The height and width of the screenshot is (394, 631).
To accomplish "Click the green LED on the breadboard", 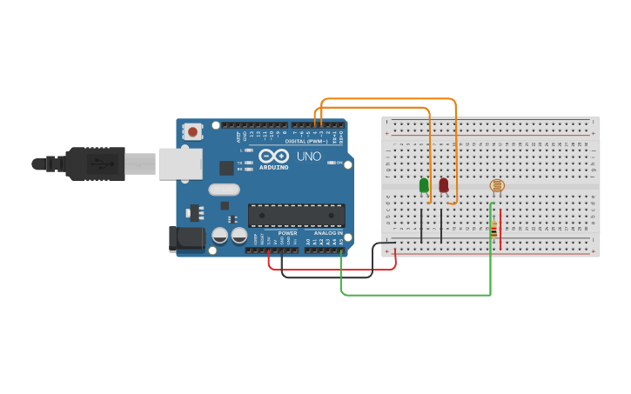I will pyautogui.click(x=424, y=185).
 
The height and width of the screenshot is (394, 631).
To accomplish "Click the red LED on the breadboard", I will pyautogui.click(x=444, y=185).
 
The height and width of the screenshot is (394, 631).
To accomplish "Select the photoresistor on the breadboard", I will pyautogui.click(x=497, y=185).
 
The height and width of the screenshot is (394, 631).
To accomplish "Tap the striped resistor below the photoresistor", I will pyautogui.click(x=494, y=230).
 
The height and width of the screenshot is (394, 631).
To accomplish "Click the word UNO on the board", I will pyautogui.click(x=309, y=157).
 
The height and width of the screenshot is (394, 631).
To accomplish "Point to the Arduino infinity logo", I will pyautogui.click(x=273, y=156).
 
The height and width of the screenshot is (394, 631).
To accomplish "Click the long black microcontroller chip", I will pyautogui.click(x=297, y=215).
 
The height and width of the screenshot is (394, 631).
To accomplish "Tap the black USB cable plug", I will pyautogui.click(x=96, y=164).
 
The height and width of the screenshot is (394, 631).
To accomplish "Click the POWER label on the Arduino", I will pyautogui.click(x=287, y=233).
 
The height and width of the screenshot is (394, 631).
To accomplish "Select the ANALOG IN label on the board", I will pyautogui.click(x=328, y=233).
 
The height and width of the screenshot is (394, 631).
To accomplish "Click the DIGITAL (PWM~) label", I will pyautogui.click(x=306, y=140).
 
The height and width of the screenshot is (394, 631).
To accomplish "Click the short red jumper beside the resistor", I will pyautogui.click(x=500, y=228).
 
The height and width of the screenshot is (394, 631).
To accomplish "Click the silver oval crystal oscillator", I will pyautogui.click(x=224, y=190).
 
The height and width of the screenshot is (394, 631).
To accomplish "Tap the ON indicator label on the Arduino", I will pyautogui.click(x=340, y=162).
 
